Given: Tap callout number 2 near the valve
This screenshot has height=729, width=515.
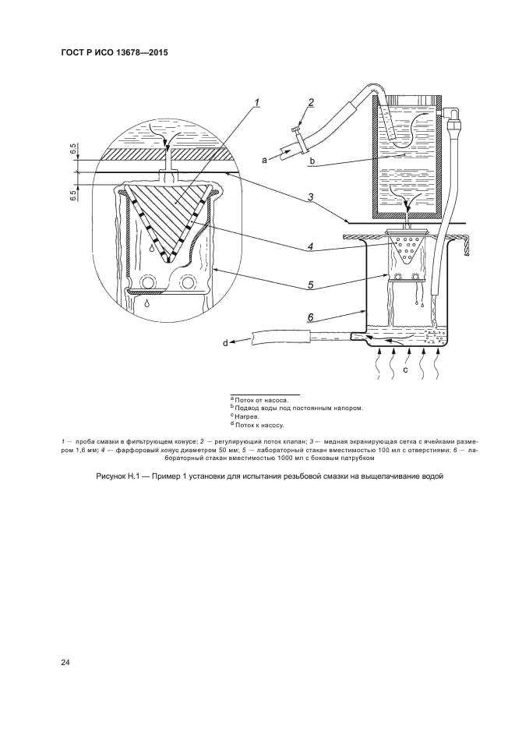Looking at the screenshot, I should tap(310, 103).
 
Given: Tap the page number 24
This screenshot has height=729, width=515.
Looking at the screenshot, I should tap(65, 663).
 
